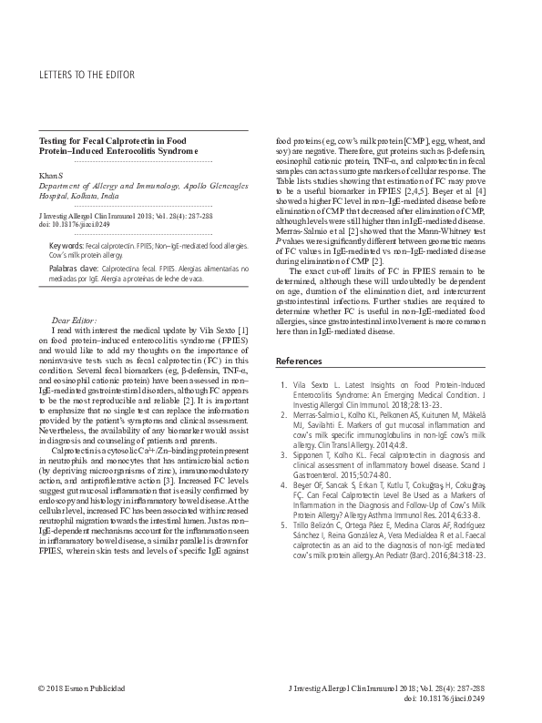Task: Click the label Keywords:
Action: point(66,247)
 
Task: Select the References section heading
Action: point(301,362)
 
